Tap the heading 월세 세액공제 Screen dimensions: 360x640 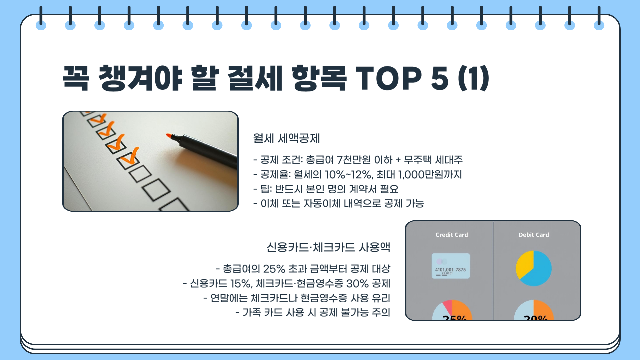(x=286, y=138)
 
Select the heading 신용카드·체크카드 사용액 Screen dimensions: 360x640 (x=328, y=247)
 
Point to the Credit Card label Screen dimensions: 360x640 (x=451, y=235)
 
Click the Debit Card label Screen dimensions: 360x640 (x=533, y=235)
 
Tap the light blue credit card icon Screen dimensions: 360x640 (x=451, y=266)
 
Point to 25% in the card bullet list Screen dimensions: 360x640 (x=274, y=269)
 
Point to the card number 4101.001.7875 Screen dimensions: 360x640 (x=450, y=270)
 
